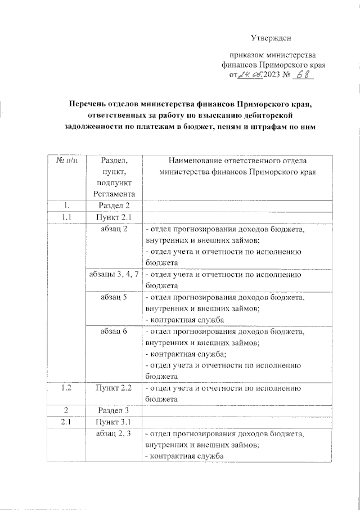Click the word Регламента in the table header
[x=115, y=194]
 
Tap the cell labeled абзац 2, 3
[x=115, y=434]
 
